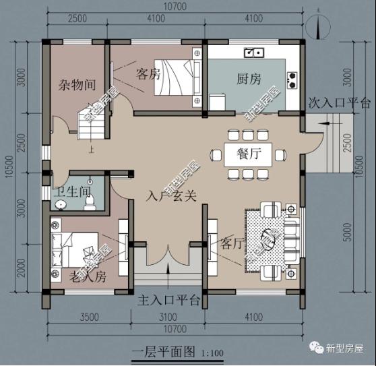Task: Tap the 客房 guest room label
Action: (148, 73)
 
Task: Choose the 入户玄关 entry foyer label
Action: (172, 196)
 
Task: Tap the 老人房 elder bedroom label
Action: (88, 276)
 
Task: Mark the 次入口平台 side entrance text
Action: (340, 104)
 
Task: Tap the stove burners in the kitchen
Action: (293, 80)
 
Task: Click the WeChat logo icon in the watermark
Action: (315, 348)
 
